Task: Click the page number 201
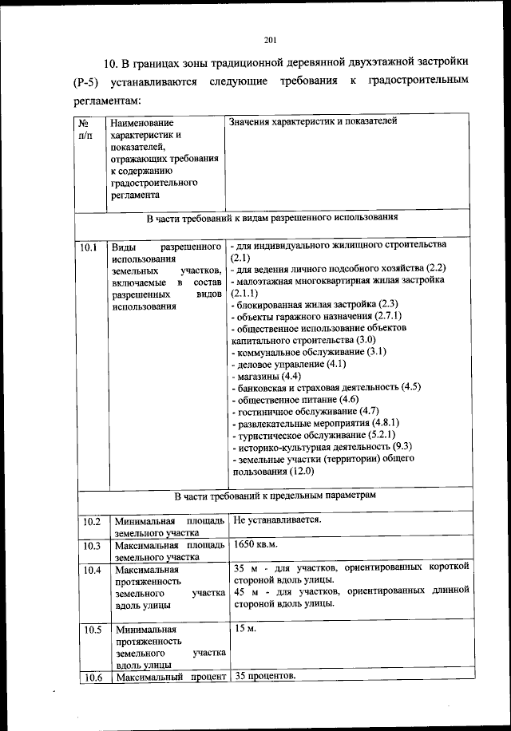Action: (269, 41)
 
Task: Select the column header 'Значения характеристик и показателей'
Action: (312, 122)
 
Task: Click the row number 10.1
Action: (89, 247)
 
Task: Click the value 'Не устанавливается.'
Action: (277, 520)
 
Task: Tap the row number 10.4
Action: (91, 571)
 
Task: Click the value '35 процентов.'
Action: (264, 677)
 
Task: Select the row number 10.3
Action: (91, 547)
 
